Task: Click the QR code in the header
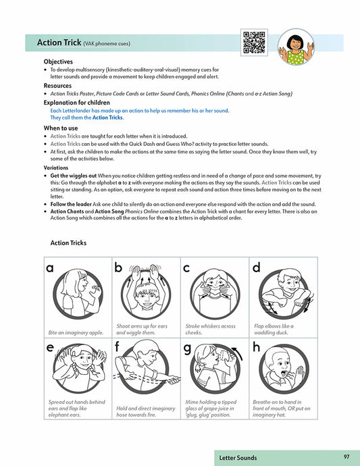point(254,43)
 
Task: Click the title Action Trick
point(59,43)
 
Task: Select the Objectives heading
point(59,61)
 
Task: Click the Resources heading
point(59,86)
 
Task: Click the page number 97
point(346,457)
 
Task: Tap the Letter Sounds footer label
point(238,458)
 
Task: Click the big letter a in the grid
point(50,268)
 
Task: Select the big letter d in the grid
point(256,267)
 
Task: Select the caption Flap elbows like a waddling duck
point(274,329)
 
